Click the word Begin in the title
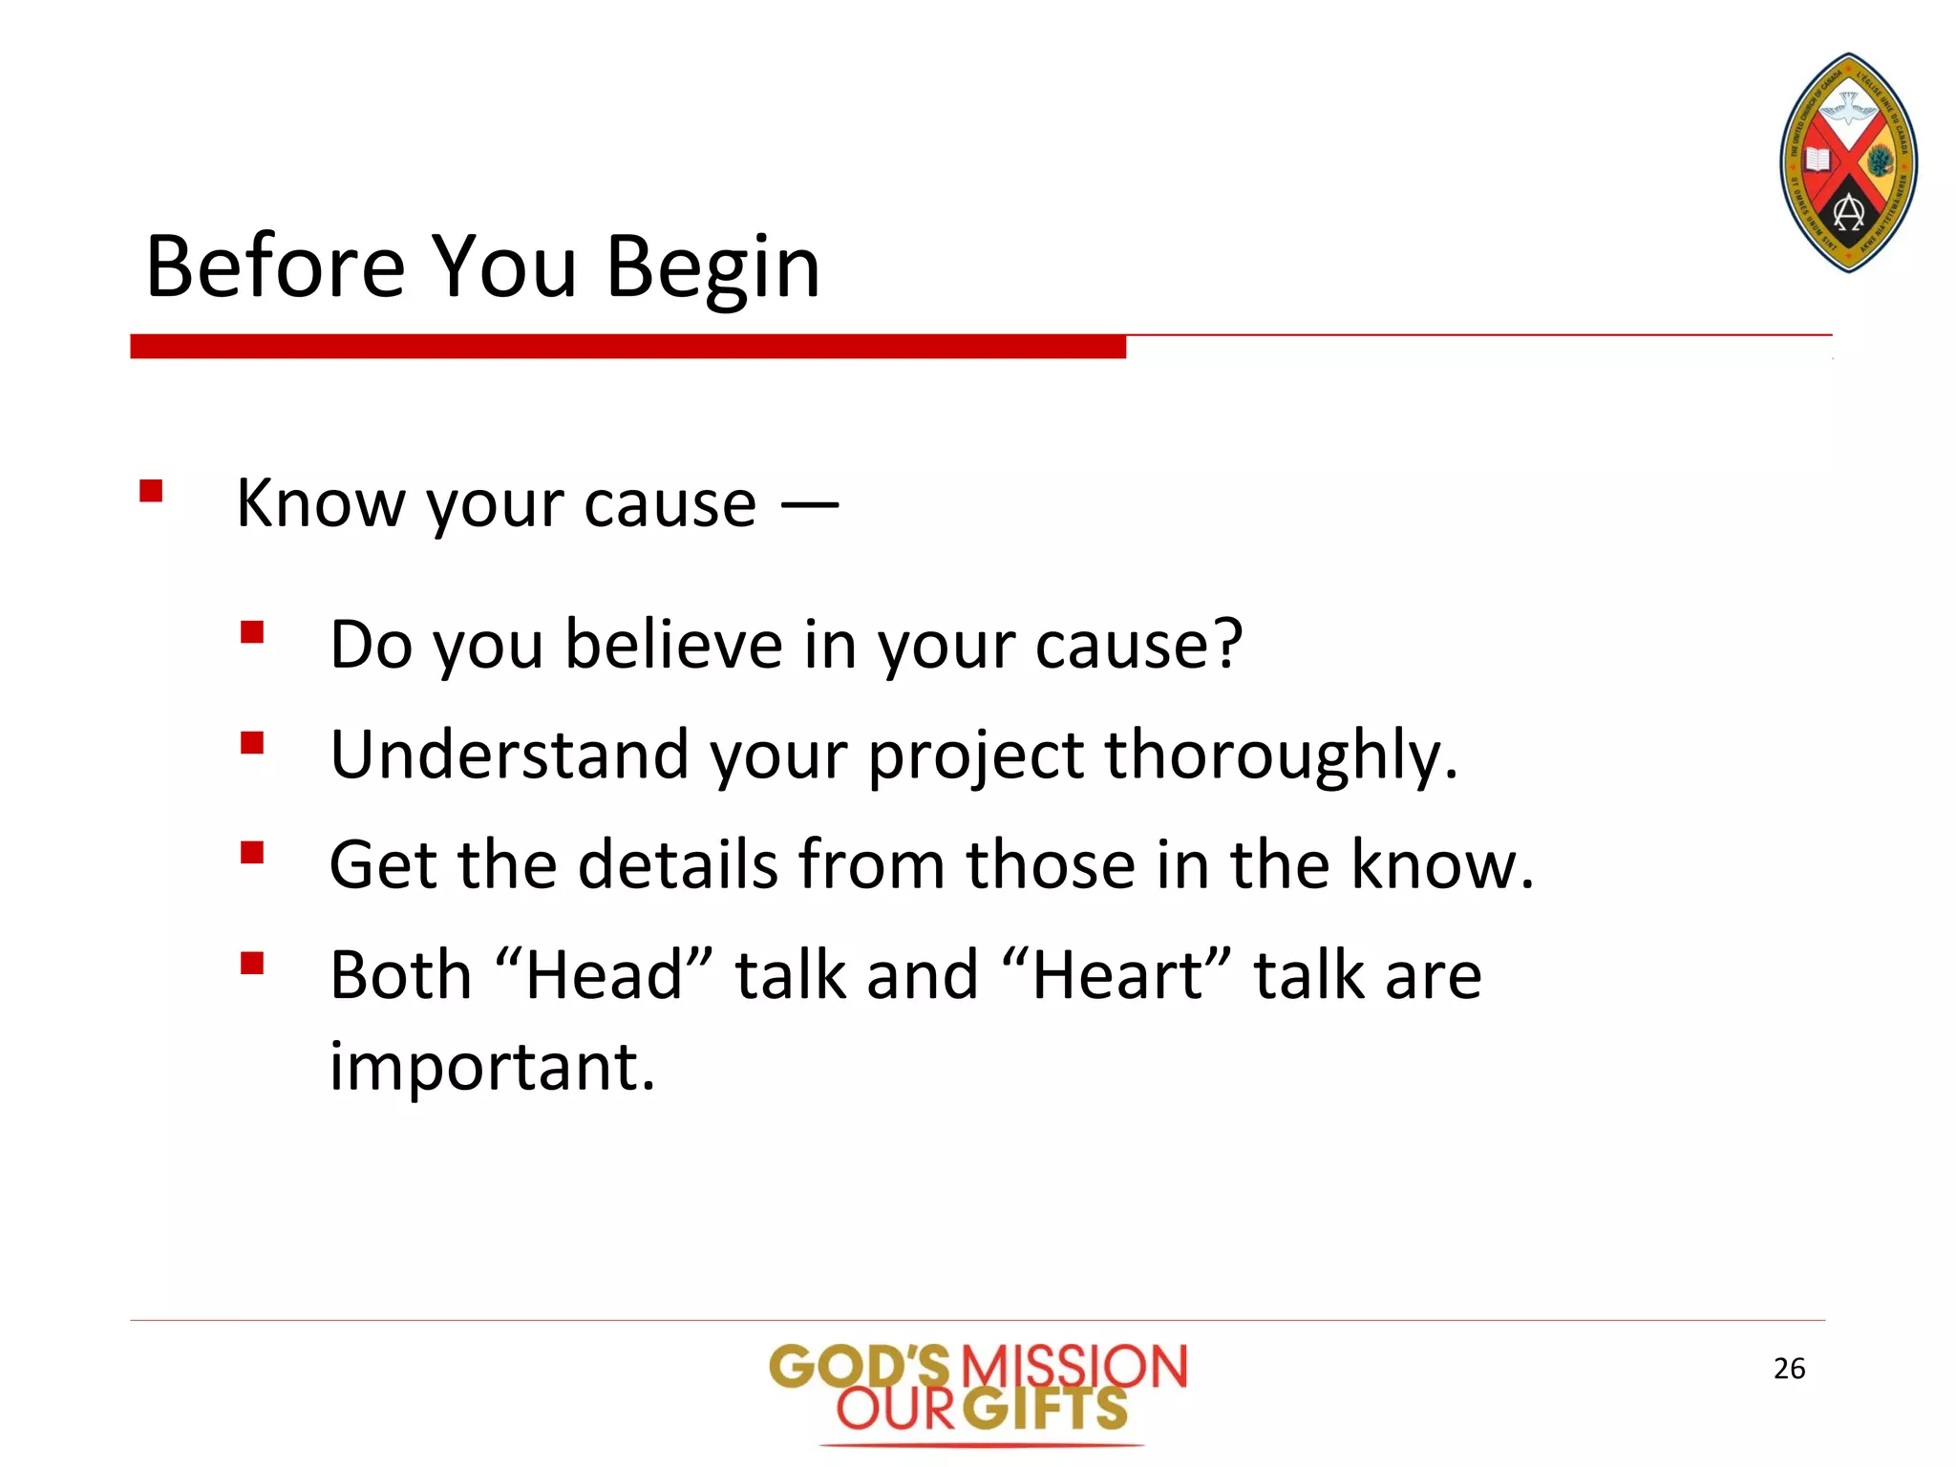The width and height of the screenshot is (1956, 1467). [712, 268]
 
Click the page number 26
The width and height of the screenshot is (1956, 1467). [1789, 1369]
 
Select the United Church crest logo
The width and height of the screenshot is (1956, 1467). [1848, 163]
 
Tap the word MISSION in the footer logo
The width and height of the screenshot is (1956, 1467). [1073, 1367]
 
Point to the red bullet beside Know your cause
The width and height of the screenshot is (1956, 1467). [151, 492]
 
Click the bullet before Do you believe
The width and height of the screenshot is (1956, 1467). [252, 633]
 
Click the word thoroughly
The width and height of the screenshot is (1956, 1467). [1281, 755]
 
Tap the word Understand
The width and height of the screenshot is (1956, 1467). [509, 755]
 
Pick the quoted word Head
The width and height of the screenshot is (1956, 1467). [605, 975]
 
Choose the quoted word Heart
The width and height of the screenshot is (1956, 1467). [1117, 975]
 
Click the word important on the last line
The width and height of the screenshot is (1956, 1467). [491, 1067]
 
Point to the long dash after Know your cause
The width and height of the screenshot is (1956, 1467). [810, 504]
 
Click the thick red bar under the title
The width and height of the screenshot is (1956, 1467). [627, 347]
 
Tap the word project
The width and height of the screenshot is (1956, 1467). [975, 755]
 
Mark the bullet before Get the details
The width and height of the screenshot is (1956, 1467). [252, 853]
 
